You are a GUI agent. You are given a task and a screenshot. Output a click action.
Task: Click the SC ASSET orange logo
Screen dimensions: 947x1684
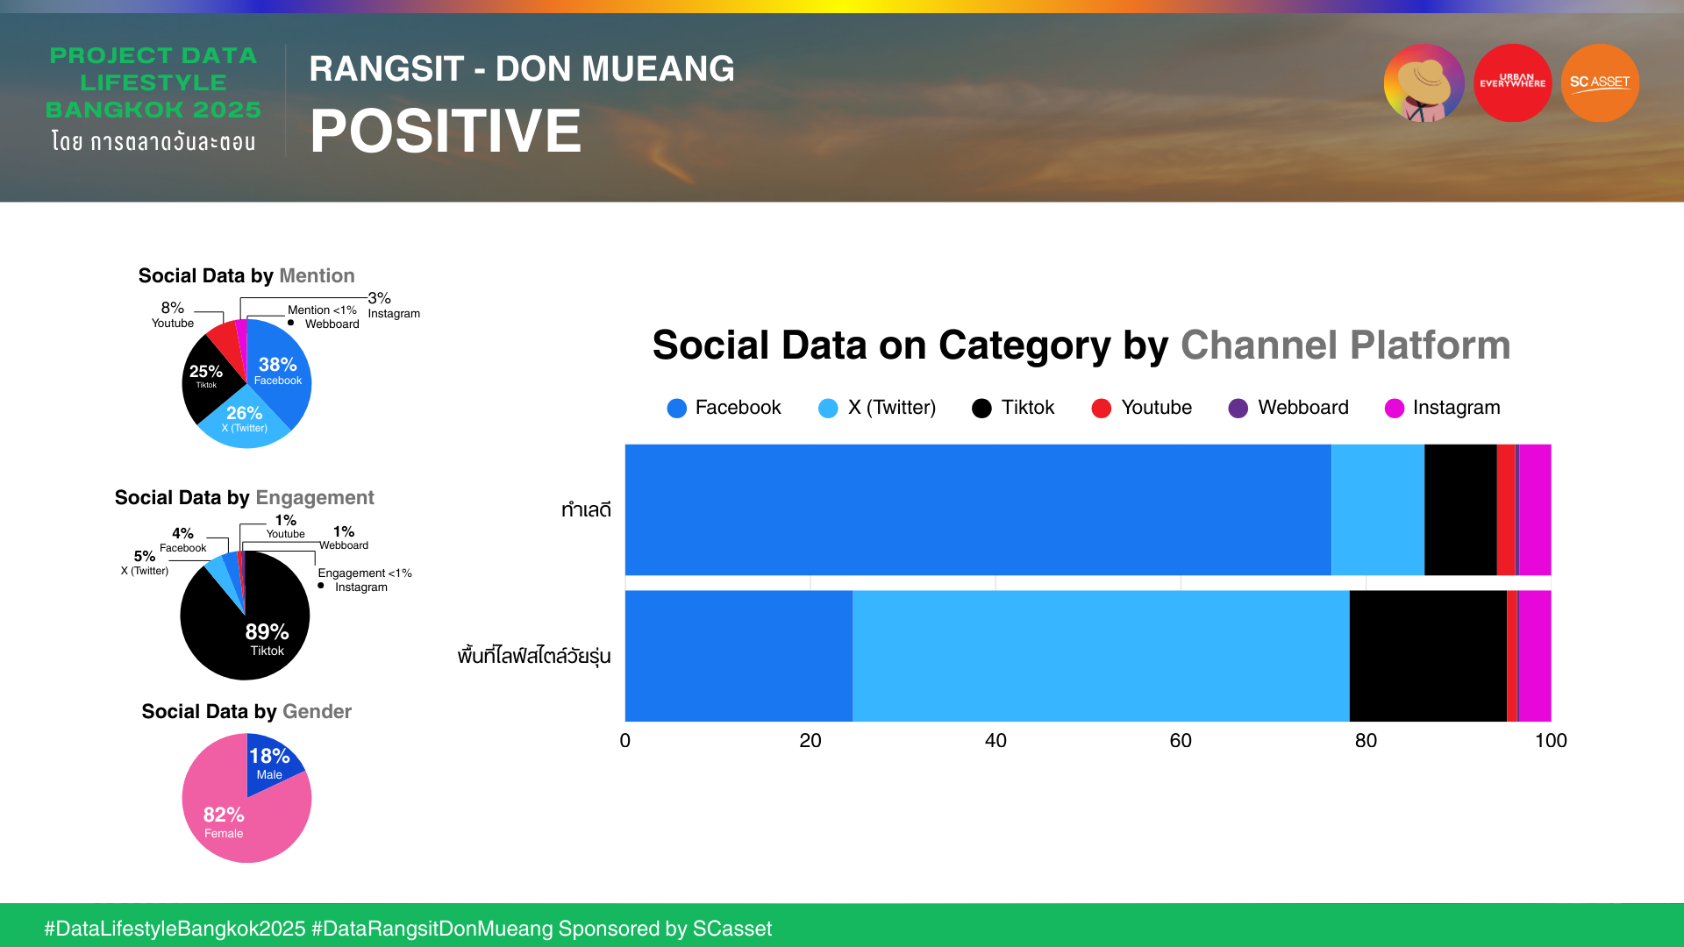pyautogui.click(x=1600, y=83)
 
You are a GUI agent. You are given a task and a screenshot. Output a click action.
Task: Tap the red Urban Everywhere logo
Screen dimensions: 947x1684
pyautogui.click(x=1512, y=83)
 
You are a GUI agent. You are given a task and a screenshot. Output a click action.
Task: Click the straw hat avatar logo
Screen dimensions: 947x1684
pyautogui.click(x=1424, y=83)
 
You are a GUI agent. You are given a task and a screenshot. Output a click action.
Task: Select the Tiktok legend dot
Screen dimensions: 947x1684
pyautogui.click(x=981, y=409)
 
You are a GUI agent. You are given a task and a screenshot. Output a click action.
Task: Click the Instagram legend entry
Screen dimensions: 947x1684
pyautogui.click(x=1442, y=408)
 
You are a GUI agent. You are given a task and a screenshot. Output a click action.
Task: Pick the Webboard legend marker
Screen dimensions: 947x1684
pyautogui.click(x=1238, y=409)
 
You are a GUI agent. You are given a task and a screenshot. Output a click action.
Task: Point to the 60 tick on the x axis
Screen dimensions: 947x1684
pyautogui.click(x=1181, y=741)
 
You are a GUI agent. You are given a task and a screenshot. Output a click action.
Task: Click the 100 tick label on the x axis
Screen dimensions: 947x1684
pyautogui.click(x=1550, y=741)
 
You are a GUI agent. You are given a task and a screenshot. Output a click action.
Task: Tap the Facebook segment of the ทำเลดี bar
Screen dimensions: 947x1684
pyautogui.click(x=977, y=509)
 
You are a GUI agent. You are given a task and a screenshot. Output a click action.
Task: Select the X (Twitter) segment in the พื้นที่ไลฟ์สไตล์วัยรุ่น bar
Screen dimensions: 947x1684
pyautogui.click(x=1100, y=656)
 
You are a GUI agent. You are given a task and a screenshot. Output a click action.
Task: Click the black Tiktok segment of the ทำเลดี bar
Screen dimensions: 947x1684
pyautogui.click(x=1460, y=509)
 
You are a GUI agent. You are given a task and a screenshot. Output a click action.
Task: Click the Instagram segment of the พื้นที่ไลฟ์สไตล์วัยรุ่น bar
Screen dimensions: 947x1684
pyautogui.click(x=1535, y=656)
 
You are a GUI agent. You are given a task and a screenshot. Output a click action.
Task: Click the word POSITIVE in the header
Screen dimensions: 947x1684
pyautogui.click(x=446, y=132)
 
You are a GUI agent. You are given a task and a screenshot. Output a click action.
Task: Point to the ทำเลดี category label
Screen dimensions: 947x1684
pyautogui.click(x=586, y=510)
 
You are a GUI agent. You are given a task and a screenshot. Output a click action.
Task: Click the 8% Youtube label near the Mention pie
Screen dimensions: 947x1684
pyautogui.click(x=173, y=315)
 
